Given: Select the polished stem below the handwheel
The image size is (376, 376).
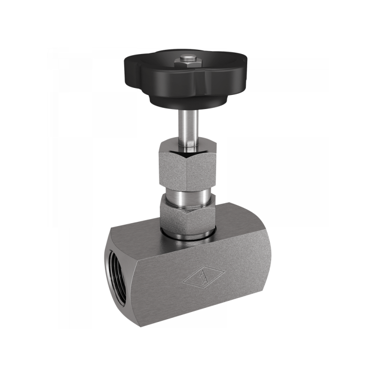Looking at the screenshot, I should (188, 127).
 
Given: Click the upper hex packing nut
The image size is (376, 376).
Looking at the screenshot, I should (187, 167).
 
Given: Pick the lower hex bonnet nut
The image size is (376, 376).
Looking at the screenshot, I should (187, 216).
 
